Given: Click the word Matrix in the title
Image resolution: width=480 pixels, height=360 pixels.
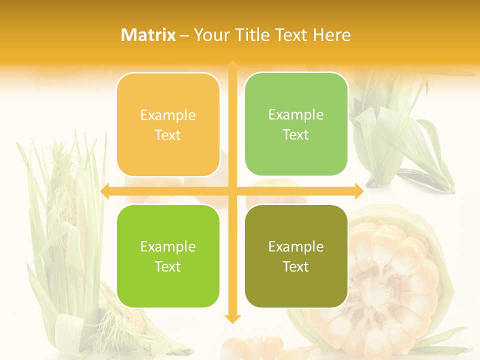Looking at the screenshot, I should click(148, 35).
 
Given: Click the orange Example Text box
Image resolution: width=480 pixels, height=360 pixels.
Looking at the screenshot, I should click(168, 125).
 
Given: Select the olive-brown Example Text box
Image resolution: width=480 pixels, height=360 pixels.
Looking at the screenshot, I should click(296, 256).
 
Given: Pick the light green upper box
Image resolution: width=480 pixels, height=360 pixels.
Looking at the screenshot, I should click(296, 124).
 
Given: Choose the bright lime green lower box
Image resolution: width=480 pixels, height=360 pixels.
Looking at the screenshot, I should click(168, 256).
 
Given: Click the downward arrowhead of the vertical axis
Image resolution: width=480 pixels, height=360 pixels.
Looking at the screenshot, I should click(232, 318).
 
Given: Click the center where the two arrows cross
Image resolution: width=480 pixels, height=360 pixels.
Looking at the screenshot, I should click(232, 191).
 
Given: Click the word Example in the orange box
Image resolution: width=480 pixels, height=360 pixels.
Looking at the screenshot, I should click(168, 115).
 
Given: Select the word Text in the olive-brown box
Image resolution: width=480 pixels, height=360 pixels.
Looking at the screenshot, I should click(296, 266).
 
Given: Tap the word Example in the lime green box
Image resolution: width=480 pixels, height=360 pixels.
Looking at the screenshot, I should click(168, 246).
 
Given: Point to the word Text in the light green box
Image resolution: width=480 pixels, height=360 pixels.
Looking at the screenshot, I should click(296, 134).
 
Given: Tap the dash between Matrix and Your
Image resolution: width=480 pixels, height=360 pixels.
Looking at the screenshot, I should click(184, 35).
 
